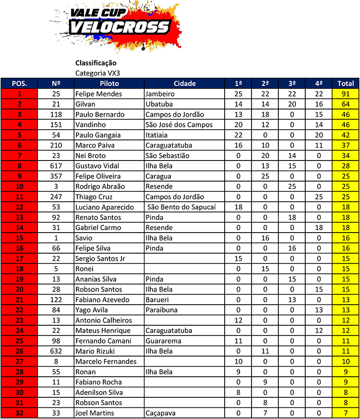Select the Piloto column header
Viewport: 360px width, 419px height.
(108, 83)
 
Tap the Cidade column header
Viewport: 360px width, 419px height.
(184, 83)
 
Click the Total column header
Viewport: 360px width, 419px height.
(346, 83)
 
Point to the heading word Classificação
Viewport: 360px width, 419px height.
(96, 63)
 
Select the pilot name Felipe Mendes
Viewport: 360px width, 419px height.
(98, 94)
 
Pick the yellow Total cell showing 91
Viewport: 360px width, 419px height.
(346, 94)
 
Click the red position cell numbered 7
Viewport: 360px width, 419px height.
(19, 156)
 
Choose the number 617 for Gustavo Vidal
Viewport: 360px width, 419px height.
(56, 166)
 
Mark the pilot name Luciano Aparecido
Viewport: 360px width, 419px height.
(104, 207)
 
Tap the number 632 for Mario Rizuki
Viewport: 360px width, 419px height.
(56, 351)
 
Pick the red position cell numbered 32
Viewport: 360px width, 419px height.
(19, 413)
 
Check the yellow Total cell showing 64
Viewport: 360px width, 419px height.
(346, 104)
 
